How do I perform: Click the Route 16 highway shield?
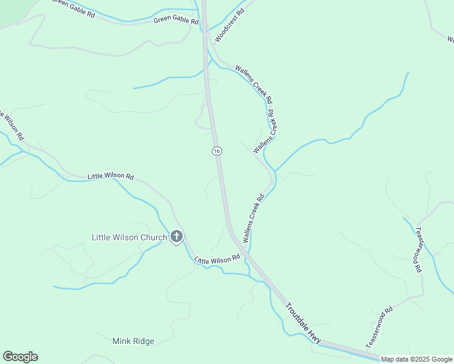tap(217, 150)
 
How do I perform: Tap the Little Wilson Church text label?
tap(129, 237)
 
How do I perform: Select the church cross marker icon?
tap(177, 236)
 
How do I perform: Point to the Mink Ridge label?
tap(133, 341)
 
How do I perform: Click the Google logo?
tap(20, 357)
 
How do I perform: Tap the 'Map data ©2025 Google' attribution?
tap(416, 359)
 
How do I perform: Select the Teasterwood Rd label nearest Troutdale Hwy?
tap(379, 328)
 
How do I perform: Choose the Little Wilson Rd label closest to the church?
tap(217, 260)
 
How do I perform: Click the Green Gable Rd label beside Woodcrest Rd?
tap(176, 21)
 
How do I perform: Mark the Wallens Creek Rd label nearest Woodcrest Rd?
tap(254, 83)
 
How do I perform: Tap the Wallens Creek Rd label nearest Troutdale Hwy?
tap(254, 218)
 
